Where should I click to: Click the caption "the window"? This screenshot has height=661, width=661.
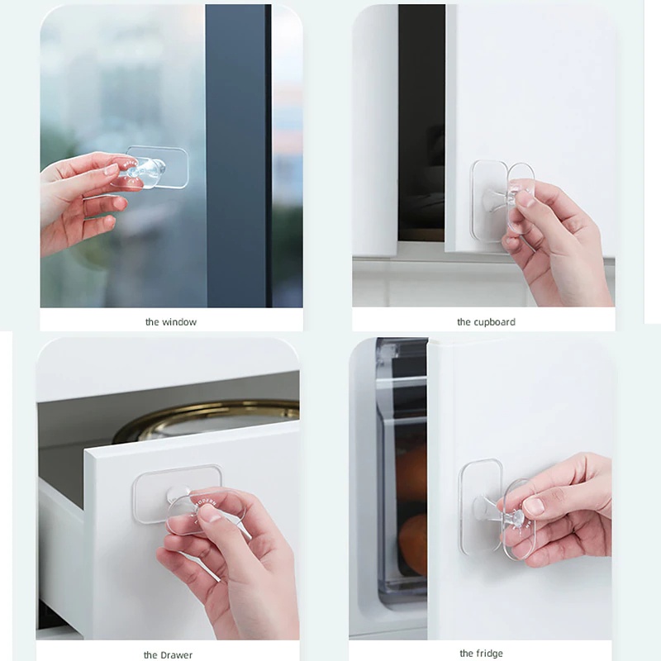pyautogui.click(x=171, y=322)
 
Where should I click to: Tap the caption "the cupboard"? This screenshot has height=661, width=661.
pyautogui.click(x=486, y=322)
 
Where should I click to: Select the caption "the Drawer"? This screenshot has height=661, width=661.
pyautogui.click(x=168, y=654)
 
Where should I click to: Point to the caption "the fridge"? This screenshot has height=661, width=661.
pyautogui.click(x=481, y=654)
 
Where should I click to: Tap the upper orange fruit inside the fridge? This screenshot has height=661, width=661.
pyautogui.click(x=411, y=472)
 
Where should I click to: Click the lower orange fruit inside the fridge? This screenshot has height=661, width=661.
pyautogui.click(x=413, y=544)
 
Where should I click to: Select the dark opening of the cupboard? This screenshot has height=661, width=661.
pyautogui.click(x=421, y=122)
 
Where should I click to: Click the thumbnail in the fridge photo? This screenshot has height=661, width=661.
pyautogui.click(x=534, y=506)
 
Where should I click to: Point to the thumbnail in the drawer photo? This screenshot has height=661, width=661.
pyautogui.click(x=211, y=513)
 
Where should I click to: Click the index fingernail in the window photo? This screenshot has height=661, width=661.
pyautogui.click(x=112, y=169)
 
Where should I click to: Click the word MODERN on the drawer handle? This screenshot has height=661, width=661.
pyautogui.click(x=205, y=503)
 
